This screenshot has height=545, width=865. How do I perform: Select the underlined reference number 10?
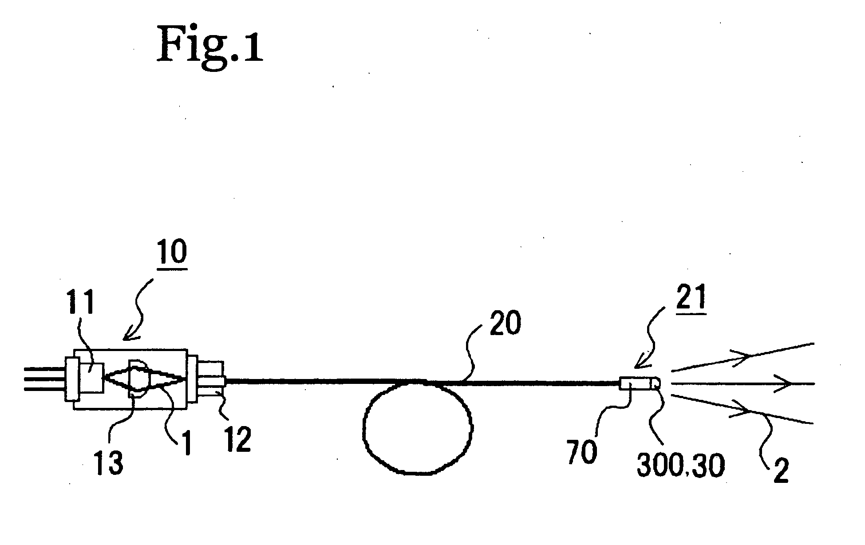173,253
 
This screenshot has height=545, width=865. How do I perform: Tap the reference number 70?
582,452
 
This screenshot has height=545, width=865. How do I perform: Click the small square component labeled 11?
91,377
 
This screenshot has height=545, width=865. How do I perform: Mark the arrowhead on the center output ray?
786,383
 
